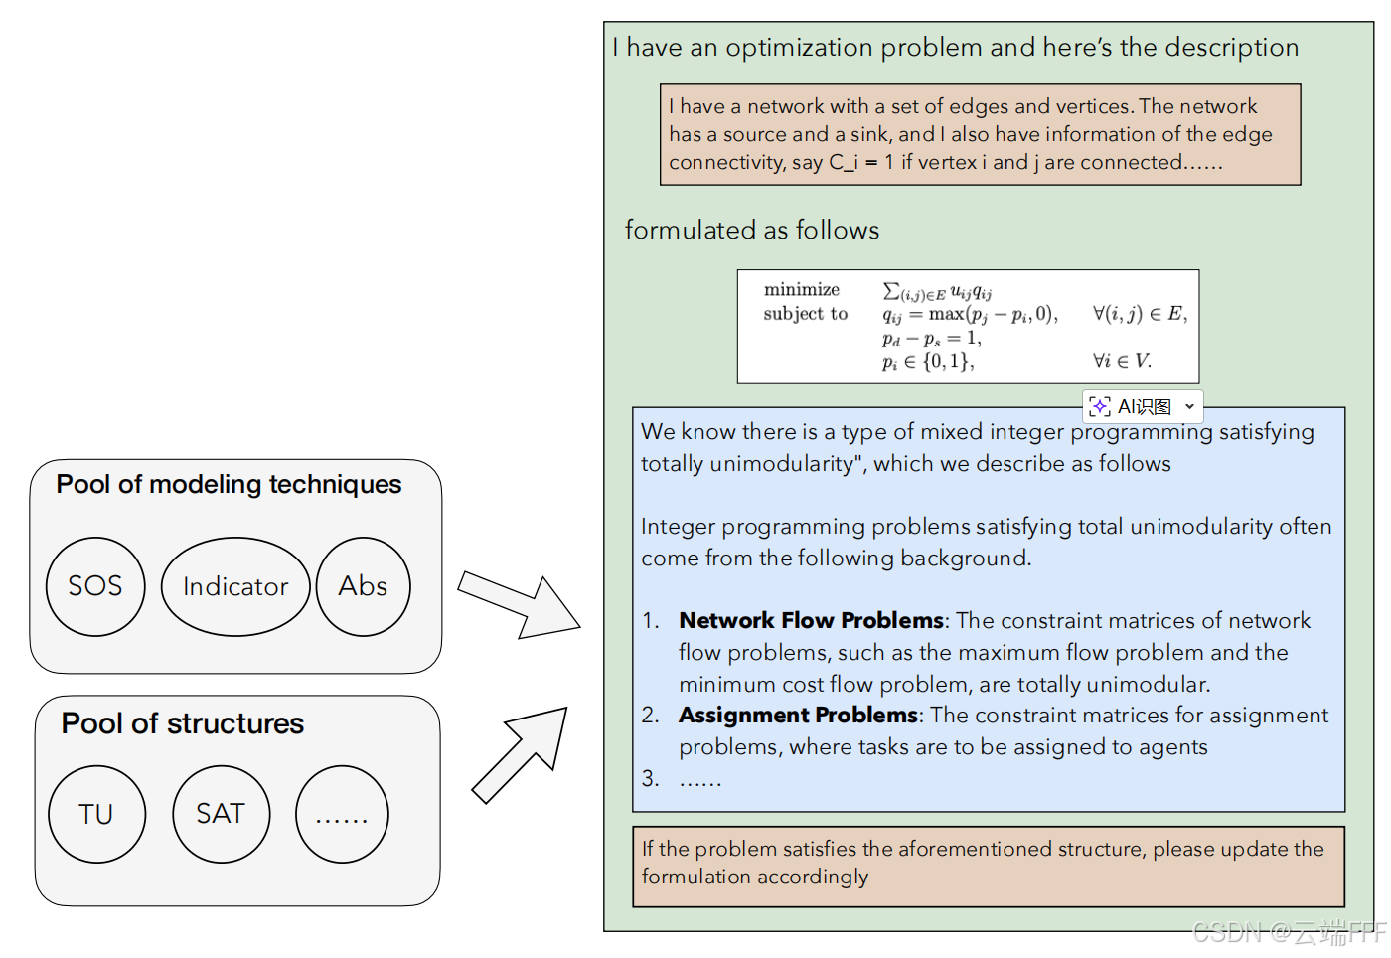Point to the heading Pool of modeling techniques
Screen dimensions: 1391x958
point(229,485)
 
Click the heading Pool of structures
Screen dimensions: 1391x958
point(183,723)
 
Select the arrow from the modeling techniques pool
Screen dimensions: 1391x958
point(519,607)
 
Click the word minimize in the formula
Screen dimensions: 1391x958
point(801,289)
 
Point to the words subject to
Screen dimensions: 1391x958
point(806,314)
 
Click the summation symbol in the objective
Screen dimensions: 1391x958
point(891,290)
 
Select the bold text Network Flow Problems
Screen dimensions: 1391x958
point(811,620)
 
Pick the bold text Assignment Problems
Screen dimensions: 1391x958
point(798,715)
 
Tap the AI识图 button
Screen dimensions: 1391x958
point(1143,406)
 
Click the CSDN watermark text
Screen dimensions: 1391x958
point(1290,933)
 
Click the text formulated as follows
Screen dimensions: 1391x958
point(752,230)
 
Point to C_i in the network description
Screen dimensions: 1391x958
point(844,163)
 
